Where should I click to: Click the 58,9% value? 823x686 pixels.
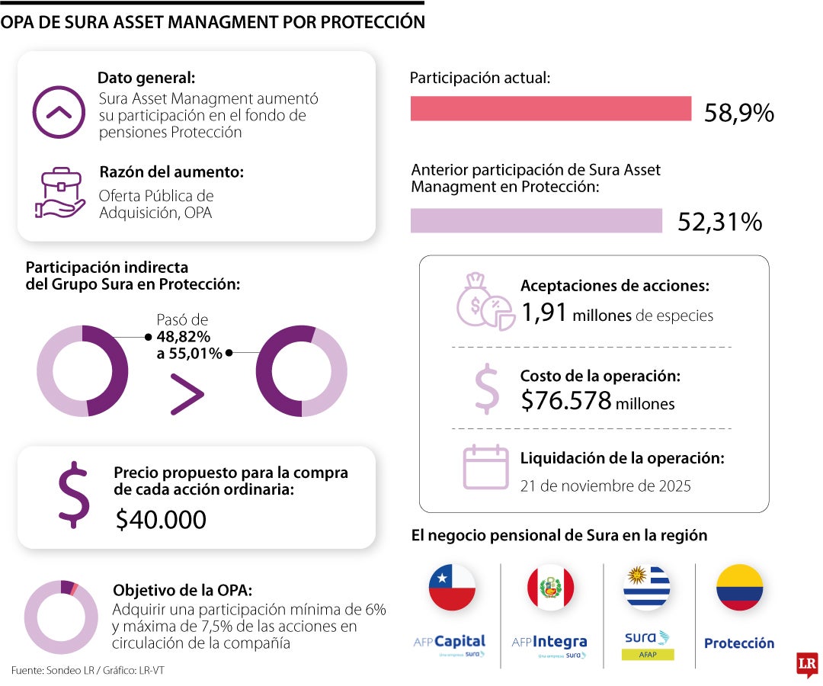(738, 113)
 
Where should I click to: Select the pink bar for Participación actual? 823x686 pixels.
(550, 109)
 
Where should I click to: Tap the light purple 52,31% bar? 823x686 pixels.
(536, 221)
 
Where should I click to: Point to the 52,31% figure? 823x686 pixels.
(719, 223)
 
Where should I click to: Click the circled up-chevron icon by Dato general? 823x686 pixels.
(59, 112)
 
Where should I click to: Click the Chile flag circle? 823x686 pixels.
(452, 588)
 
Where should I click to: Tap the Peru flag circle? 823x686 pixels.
(550, 588)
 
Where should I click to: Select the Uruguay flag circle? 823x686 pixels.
(647, 588)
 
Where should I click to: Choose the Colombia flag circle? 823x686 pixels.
(739, 588)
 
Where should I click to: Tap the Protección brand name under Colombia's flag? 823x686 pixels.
(738, 643)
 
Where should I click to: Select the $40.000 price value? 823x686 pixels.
(161, 519)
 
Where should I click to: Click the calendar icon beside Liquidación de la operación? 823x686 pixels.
(485, 466)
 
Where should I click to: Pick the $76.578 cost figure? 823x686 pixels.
(566, 400)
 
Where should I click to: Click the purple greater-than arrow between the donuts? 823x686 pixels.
(187, 395)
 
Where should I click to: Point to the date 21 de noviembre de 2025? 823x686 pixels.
(605, 486)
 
